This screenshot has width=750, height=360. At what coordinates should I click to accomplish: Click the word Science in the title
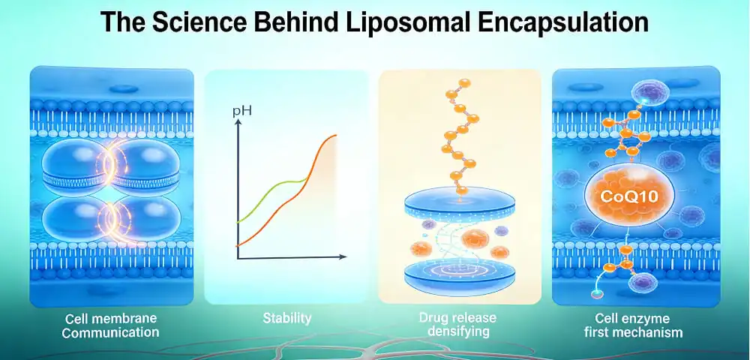pyautogui.click(x=197, y=22)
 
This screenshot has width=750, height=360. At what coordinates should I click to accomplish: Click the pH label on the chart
pyautogui.click(x=241, y=112)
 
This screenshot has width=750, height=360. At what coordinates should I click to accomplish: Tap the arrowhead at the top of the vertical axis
pyautogui.click(x=238, y=124)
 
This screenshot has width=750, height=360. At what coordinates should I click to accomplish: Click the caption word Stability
pyautogui.click(x=286, y=319)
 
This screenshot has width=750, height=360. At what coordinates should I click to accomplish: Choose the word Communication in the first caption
pyautogui.click(x=111, y=331)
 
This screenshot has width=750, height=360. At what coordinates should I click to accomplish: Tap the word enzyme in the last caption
pyautogui.click(x=635, y=318)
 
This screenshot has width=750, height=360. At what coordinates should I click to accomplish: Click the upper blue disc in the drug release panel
pyautogui.click(x=459, y=201)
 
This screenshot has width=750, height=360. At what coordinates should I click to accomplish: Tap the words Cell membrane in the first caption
pyautogui.click(x=111, y=318)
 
